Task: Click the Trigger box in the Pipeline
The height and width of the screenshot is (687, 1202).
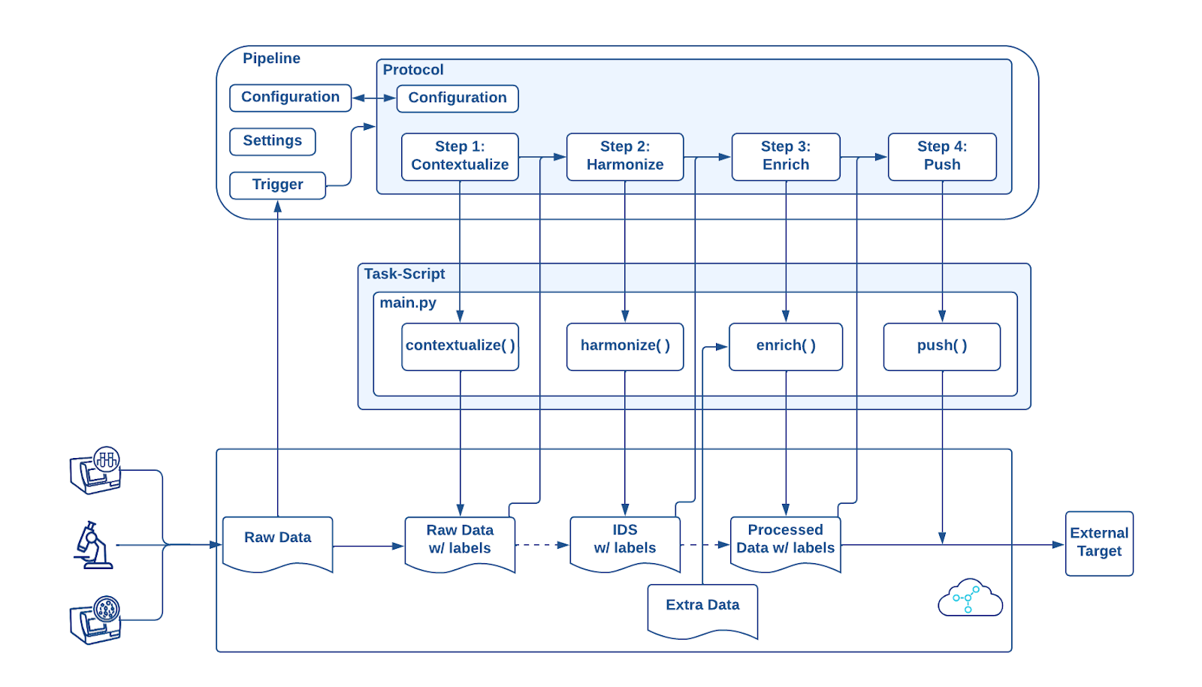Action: (277, 185)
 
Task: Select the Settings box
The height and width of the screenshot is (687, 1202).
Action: (272, 141)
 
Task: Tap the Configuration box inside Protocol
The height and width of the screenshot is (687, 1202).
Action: (457, 98)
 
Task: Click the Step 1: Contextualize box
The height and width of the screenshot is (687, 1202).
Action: (460, 156)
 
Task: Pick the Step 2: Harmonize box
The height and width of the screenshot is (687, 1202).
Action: (624, 156)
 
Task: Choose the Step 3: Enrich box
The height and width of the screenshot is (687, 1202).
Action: (785, 156)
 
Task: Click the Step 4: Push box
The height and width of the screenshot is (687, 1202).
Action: (941, 156)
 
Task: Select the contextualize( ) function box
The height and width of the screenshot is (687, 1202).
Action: (460, 346)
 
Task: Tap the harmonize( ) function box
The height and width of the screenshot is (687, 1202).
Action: (624, 346)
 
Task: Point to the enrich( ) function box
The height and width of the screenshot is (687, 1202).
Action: (785, 346)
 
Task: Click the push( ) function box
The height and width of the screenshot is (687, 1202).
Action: (941, 346)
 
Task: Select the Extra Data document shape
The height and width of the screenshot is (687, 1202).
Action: (702, 609)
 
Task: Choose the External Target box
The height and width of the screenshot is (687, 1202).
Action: (1098, 543)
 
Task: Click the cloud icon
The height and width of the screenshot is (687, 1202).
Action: (970, 599)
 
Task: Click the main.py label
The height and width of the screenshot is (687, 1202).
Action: (408, 303)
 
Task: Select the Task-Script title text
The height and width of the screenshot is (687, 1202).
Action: (404, 274)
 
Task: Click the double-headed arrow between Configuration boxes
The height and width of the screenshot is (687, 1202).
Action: (374, 98)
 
